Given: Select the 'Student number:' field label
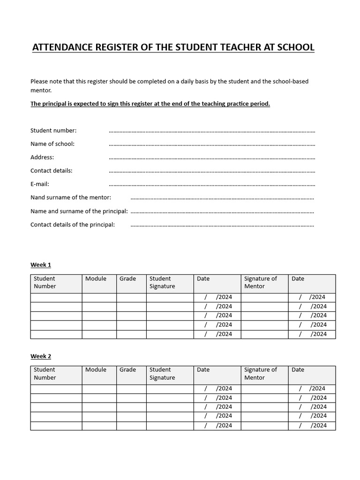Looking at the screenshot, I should [x=53, y=130].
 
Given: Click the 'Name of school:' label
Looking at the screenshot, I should [x=52, y=144].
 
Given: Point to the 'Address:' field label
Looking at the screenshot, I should [x=42, y=157].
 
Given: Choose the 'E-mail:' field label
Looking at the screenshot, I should [x=40, y=184].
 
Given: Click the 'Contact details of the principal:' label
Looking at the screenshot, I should [x=73, y=225].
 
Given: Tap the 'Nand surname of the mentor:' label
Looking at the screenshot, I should [x=71, y=198].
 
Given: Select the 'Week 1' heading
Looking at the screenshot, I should [x=41, y=265].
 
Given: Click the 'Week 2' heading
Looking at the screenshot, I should [x=41, y=356].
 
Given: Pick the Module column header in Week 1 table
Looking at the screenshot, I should [x=96, y=279].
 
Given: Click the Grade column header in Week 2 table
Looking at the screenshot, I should [x=127, y=370].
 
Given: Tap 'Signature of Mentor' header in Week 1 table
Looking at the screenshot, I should [x=260, y=282].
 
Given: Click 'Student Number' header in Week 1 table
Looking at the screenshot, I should [x=45, y=282].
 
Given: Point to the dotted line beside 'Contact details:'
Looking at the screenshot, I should [x=212, y=172].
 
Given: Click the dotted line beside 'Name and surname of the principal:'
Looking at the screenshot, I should [x=222, y=212].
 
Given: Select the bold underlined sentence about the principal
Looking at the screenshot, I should [x=150, y=104].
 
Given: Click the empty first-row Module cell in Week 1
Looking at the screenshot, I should [x=99, y=297].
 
